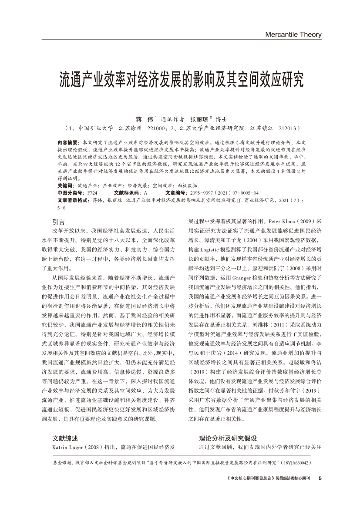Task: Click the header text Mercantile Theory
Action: (x=293, y=34)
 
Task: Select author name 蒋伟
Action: (x=143, y=119)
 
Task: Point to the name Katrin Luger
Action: (x=68, y=447)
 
